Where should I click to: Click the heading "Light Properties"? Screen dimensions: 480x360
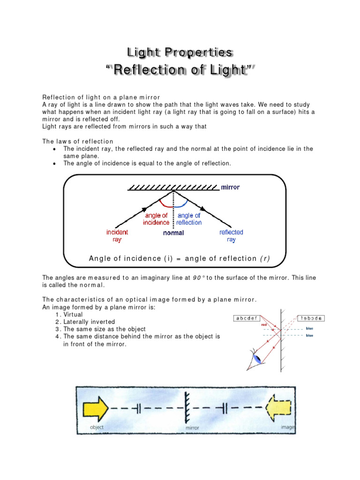click(180, 52)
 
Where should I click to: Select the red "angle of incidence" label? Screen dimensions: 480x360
click(156, 219)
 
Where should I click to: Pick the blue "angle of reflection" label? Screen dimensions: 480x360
click(189, 219)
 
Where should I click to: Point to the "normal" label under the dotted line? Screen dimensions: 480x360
click(173, 232)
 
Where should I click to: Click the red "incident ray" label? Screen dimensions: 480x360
click(117, 236)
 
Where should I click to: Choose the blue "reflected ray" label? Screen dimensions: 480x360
click(231, 236)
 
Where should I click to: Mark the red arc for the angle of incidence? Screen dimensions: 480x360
click(166, 204)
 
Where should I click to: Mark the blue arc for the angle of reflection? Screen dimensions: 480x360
click(182, 204)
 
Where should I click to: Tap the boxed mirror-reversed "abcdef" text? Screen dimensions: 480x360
click(308, 318)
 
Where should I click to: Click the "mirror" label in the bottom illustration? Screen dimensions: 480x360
click(192, 427)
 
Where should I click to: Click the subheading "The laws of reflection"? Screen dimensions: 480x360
click(78, 141)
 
